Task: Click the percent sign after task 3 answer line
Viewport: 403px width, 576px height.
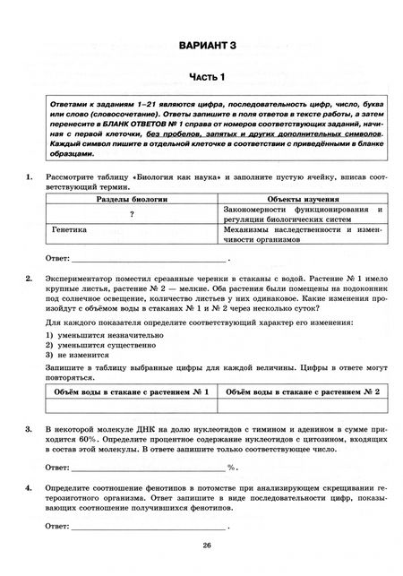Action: click(x=231, y=468)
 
